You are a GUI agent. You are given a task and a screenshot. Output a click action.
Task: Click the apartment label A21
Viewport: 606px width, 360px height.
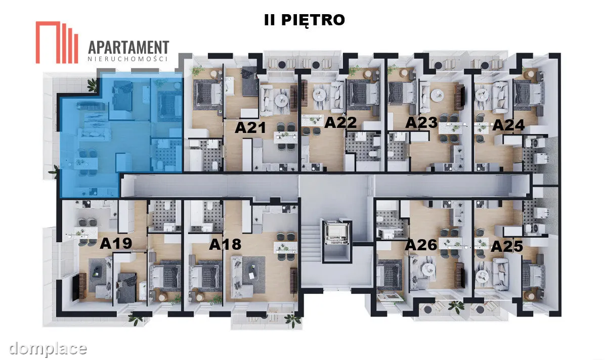tap(250, 127)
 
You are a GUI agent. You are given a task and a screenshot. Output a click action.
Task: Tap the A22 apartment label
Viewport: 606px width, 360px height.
tap(340, 122)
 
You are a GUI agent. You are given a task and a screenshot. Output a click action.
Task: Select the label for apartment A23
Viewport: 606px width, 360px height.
tap(421, 123)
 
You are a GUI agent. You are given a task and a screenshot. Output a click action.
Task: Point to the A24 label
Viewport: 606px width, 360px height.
tap(508, 125)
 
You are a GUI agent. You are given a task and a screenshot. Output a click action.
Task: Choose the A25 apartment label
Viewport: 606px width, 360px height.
tap(507, 246)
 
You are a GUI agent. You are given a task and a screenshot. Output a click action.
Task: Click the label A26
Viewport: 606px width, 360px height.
tap(421, 245)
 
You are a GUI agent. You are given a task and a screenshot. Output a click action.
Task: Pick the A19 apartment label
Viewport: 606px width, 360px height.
tap(116, 243)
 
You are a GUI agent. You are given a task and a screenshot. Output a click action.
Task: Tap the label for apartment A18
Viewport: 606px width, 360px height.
tap(225, 245)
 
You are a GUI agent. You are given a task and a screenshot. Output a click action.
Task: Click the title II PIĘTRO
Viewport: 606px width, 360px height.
tap(305, 20)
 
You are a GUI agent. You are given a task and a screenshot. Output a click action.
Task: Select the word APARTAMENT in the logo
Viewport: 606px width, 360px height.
tap(128, 48)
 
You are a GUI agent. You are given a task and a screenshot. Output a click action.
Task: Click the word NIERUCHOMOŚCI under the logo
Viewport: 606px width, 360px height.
tap(127, 59)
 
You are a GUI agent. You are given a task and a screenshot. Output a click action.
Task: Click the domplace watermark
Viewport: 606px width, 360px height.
tap(48, 349)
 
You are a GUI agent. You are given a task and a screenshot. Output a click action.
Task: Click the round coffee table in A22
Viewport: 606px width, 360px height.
tap(320, 94)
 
